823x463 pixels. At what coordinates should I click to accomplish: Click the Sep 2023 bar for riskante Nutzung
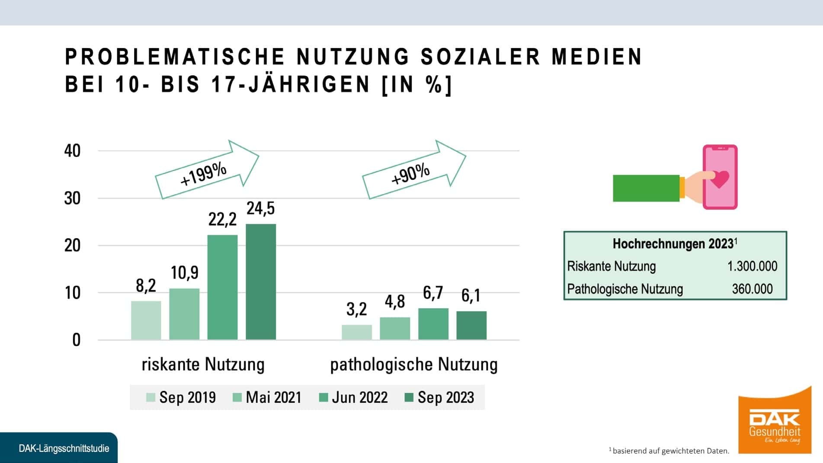tap(261, 282)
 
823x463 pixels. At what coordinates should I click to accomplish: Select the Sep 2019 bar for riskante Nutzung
tap(146, 320)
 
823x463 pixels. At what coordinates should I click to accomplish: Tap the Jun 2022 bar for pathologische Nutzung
tap(433, 324)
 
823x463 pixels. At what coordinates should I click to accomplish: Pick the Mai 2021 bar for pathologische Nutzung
tap(395, 329)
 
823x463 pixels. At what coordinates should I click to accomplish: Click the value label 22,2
tap(222, 220)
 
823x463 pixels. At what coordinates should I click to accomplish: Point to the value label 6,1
tap(471, 296)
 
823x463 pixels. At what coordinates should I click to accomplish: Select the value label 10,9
tap(185, 273)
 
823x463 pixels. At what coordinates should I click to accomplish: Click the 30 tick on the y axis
tap(72, 198)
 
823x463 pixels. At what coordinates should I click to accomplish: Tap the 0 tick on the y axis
tap(77, 340)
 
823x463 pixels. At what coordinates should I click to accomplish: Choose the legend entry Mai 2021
tap(267, 397)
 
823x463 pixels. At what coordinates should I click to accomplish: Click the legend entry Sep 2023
tap(439, 397)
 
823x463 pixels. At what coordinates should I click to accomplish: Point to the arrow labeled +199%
tap(207, 170)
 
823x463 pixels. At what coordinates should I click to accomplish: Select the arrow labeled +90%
tap(414, 170)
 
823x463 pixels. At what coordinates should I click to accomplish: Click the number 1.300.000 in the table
tap(752, 266)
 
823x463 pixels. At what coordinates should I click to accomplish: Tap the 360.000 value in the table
tap(752, 289)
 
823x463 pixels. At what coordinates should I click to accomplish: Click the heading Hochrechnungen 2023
tap(675, 243)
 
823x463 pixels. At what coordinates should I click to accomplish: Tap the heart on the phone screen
tap(720, 179)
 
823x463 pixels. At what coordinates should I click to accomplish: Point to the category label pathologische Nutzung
tap(414, 364)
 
